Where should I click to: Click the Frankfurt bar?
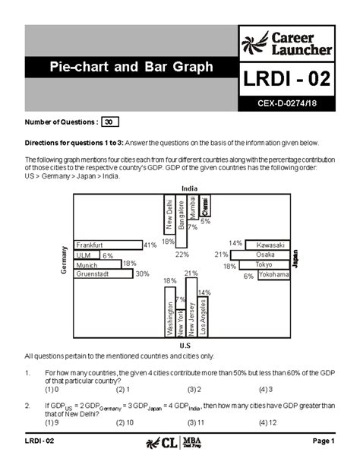click(x=108, y=245)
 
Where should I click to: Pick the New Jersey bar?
click(x=191, y=308)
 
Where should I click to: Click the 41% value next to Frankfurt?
click(x=150, y=245)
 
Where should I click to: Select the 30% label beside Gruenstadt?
click(x=142, y=274)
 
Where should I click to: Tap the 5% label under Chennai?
click(x=205, y=221)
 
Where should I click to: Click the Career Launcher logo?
click(x=287, y=43)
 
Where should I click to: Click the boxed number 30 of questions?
click(x=110, y=122)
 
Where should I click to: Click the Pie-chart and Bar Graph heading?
click(x=131, y=68)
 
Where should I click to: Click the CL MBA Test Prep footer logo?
click(x=180, y=441)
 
